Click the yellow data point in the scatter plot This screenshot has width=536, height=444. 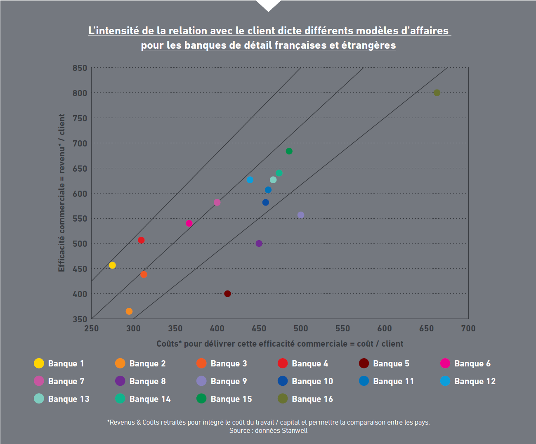pos(112,265)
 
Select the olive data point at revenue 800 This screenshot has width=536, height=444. pos(437,93)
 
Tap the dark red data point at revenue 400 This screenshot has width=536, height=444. pos(227,294)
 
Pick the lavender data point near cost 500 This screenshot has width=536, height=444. pos(301,215)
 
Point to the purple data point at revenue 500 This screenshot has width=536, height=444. pos(259,243)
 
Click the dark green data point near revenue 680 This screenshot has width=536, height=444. pos(289,151)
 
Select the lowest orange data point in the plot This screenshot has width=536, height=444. pos(129,312)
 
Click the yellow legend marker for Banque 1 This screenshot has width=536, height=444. pos(39,363)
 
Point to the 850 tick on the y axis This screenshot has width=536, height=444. pos(80,68)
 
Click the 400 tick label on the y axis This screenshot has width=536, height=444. pos(80,294)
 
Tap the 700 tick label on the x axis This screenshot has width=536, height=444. pos(468,328)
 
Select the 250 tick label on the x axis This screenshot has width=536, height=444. pos(92,328)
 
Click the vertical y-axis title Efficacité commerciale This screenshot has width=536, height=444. pos(61,193)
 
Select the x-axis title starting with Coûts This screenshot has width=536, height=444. pos(280,344)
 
